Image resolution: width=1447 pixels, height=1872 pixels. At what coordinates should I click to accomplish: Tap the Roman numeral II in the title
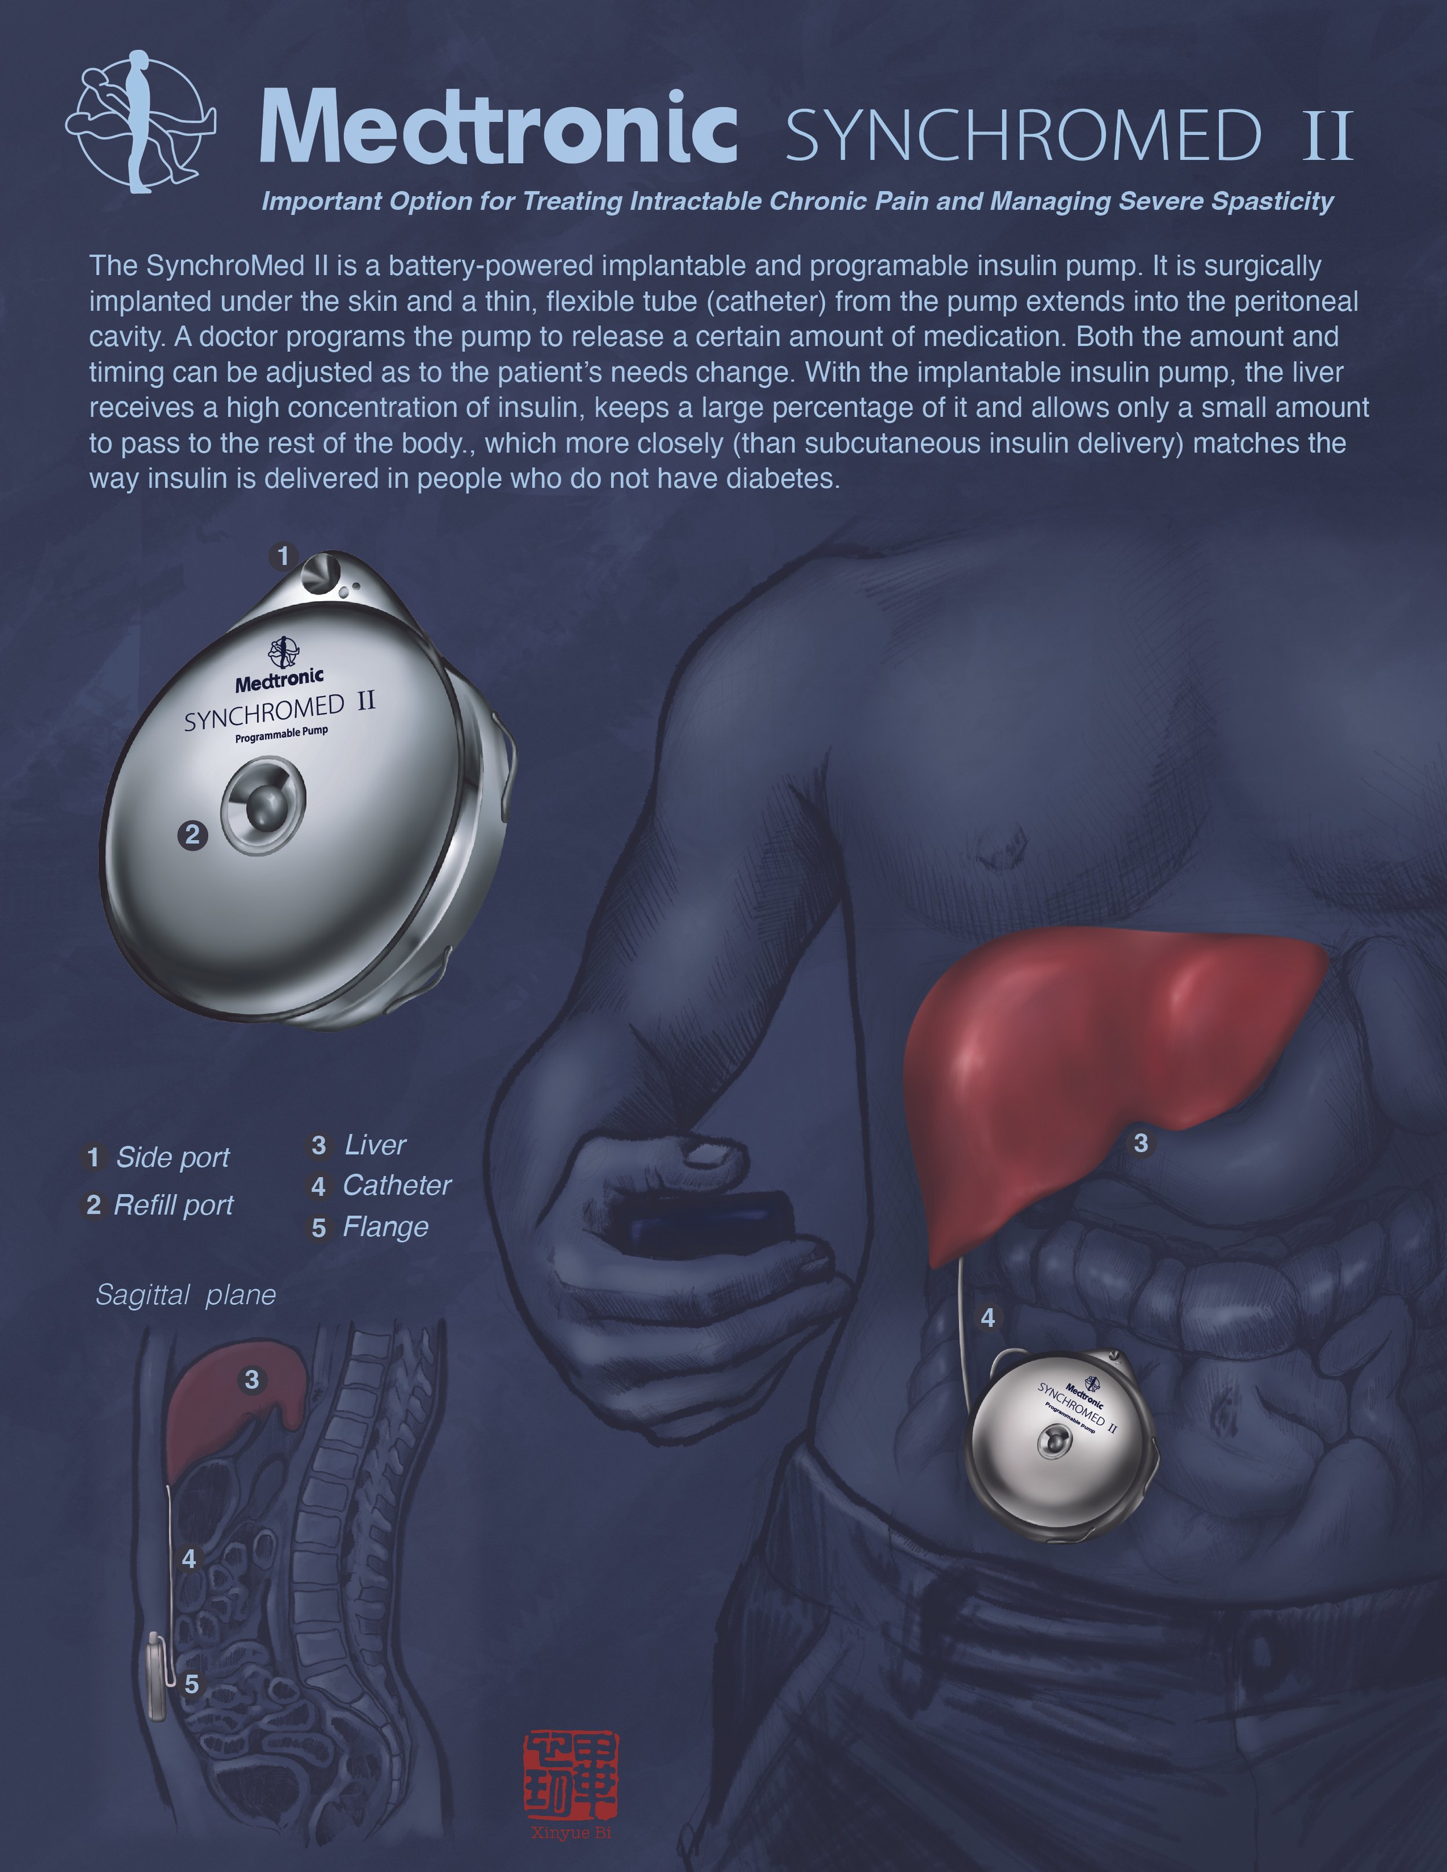tap(1327, 135)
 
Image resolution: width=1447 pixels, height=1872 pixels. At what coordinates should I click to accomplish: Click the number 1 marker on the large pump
tap(284, 556)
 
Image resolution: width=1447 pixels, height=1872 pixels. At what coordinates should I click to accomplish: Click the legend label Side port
tap(172, 1158)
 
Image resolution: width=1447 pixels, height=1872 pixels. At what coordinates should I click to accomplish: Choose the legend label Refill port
tap(173, 1206)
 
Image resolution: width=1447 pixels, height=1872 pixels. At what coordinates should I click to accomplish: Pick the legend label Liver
tap(374, 1145)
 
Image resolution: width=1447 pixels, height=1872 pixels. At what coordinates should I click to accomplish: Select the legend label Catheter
tap(396, 1186)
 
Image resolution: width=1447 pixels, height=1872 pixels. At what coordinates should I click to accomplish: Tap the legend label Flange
tap(385, 1227)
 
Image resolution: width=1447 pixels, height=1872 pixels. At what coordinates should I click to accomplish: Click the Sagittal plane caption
tap(185, 1295)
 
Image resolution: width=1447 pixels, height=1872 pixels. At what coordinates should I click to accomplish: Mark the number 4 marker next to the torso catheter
tap(987, 1318)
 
